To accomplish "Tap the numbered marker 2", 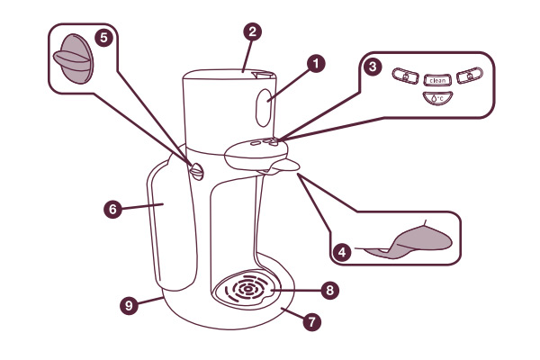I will [253, 31].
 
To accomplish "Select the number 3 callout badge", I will [373, 66].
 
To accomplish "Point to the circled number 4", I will [342, 253].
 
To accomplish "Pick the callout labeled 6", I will [112, 209].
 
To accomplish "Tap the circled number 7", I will [312, 321].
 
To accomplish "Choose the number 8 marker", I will [330, 291].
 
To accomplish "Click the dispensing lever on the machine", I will [281, 166].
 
